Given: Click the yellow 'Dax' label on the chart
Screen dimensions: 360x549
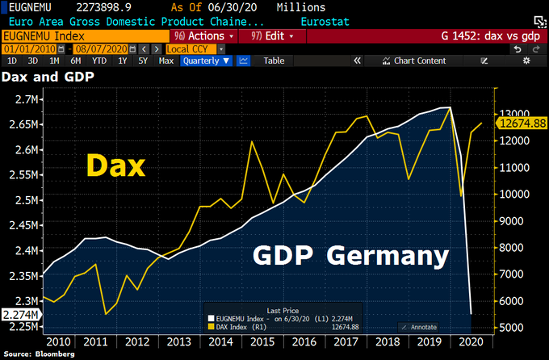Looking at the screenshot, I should click(x=116, y=166).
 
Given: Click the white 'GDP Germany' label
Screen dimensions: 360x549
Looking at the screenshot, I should click(x=351, y=256).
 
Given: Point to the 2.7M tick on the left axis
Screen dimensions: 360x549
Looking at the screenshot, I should click(x=24, y=100).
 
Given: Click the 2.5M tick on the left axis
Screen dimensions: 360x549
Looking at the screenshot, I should click(x=24, y=201).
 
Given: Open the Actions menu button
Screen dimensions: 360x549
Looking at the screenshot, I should click(x=204, y=36).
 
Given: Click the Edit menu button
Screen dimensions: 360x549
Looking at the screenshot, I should click(x=267, y=36).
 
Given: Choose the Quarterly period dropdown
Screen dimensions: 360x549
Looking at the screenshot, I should click(x=207, y=61).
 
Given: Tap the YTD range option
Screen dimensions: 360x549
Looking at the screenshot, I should click(x=99, y=61).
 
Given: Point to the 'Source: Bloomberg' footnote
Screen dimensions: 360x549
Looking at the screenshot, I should click(x=40, y=354).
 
